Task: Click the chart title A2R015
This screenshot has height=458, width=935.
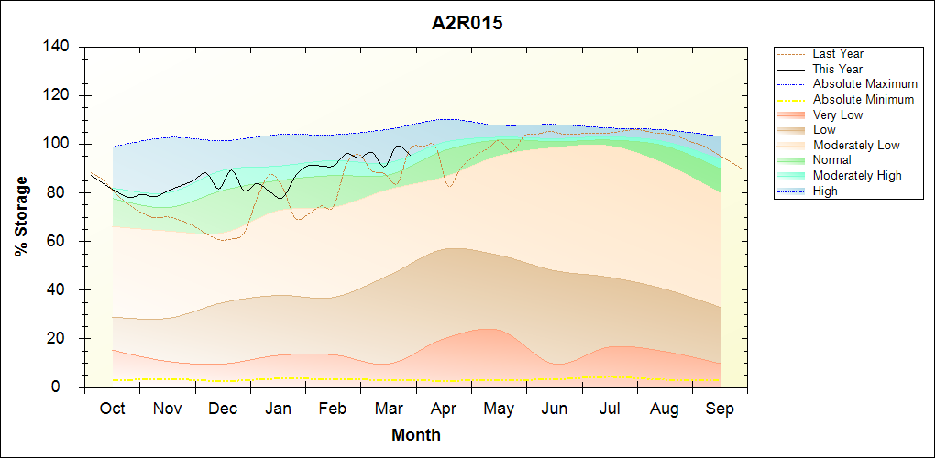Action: coord(467,24)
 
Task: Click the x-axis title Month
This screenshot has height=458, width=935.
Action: coord(416,435)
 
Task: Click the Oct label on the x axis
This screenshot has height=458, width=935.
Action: coord(112,409)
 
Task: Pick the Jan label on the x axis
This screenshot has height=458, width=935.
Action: coord(279,409)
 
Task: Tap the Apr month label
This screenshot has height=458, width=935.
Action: coord(445,409)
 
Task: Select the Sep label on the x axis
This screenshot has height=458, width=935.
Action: coord(720,409)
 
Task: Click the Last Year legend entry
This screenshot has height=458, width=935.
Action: coord(838,54)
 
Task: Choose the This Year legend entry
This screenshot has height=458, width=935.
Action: coord(838,69)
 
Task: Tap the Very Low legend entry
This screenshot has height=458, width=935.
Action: coord(838,114)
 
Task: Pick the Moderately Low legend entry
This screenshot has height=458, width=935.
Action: coord(856,145)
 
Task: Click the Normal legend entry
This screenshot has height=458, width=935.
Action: coord(832,160)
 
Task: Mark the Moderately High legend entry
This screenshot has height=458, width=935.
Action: coord(857,175)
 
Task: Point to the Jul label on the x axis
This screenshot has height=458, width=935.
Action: coord(610,409)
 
